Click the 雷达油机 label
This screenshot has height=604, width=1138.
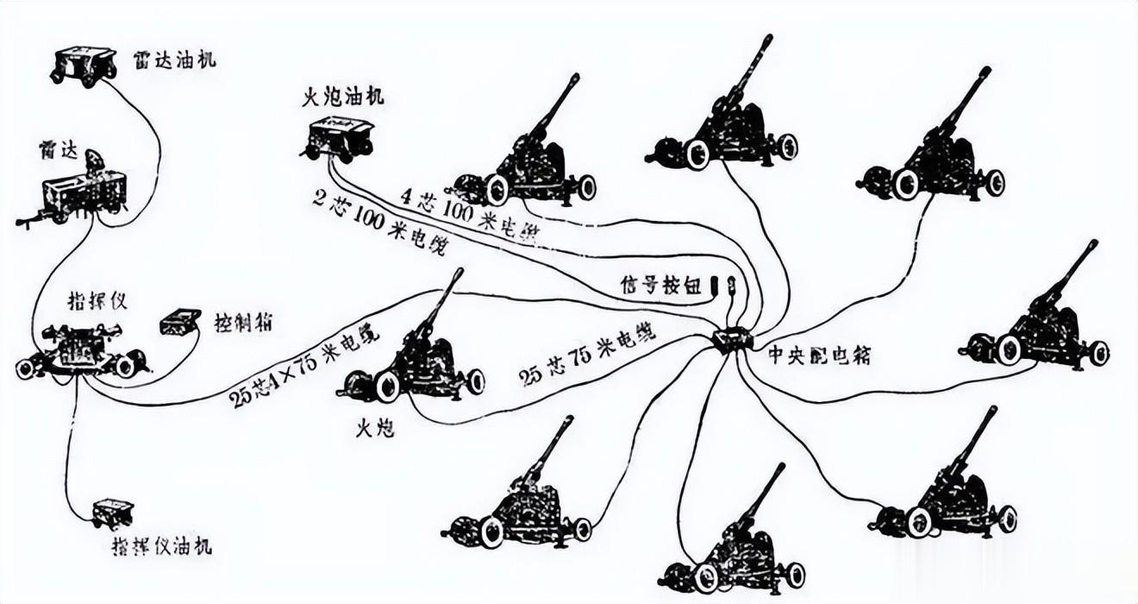[x=175, y=60]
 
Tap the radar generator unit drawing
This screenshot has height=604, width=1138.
[x=84, y=65]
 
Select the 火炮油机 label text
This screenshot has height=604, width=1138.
[x=342, y=97]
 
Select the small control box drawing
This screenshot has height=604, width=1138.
[x=180, y=323]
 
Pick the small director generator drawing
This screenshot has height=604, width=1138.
[x=112, y=513]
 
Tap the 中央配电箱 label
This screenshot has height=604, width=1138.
[x=818, y=354]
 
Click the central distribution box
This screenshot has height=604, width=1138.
[x=732, y=339]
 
